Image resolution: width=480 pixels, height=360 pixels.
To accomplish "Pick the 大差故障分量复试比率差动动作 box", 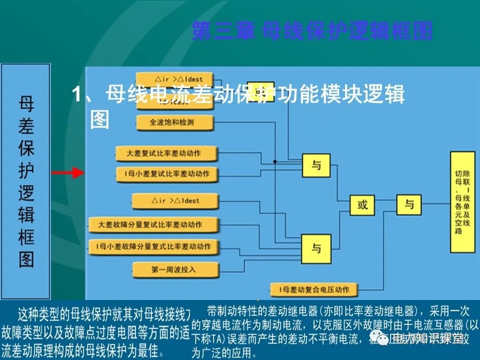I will click(153, 225).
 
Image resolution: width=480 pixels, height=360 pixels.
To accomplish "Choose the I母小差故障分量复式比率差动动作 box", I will click(153, 246).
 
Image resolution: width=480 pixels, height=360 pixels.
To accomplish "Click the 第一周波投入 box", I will click(175, 270).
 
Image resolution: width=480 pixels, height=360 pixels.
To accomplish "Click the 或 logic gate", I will click(362, 204).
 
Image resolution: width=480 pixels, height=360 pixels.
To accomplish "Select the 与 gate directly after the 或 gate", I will click(409, 204).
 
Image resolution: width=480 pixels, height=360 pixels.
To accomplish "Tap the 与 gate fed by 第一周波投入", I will click(316, 248).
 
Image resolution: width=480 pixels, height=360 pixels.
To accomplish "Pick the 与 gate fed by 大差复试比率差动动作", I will click(316, 165).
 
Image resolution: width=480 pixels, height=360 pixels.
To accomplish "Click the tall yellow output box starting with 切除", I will click(462, 201).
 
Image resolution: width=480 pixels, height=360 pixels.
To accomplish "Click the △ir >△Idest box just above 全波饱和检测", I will click(175, 79).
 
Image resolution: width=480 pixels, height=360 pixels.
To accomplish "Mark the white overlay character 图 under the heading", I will click(99, 120).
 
